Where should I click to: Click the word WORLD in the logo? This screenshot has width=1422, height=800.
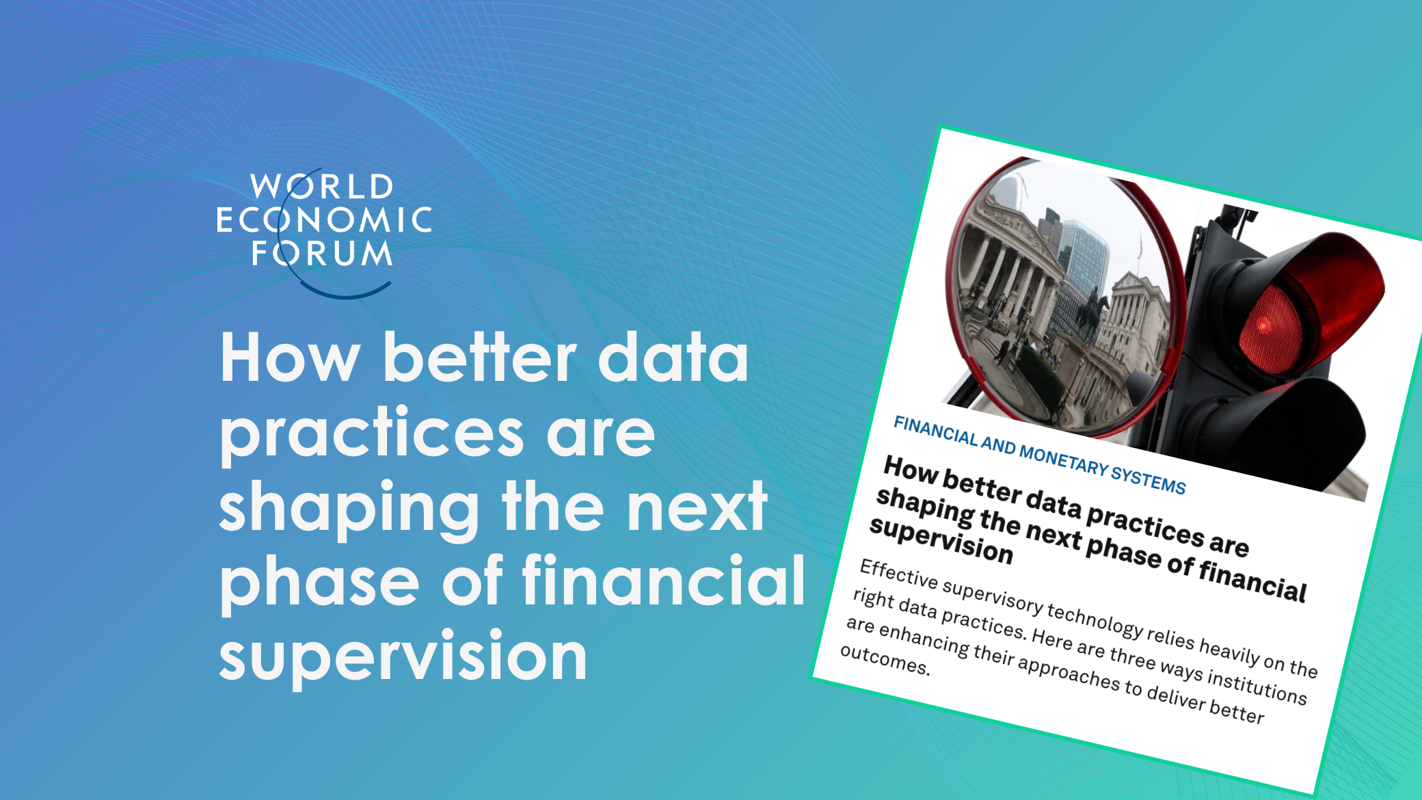[x=323, y=187]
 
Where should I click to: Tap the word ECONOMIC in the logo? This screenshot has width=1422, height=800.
[x=324, y=219]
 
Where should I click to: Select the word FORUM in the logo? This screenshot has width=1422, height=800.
[x=322, y=252]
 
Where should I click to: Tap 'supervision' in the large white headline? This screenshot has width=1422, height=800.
[x=403, y=656]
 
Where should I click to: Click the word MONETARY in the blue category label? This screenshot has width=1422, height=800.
[x=1064, y=459]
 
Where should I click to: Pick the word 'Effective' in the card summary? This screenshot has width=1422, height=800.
[x=899, y=574]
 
